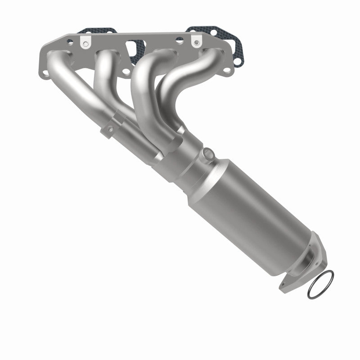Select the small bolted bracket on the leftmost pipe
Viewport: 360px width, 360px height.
pyautogui.click(x=109, y=129)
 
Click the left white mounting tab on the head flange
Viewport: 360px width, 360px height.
pyautogui.click(x=85, y=41)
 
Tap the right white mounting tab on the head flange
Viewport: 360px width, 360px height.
pyautogui.click(x=196, y=41)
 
